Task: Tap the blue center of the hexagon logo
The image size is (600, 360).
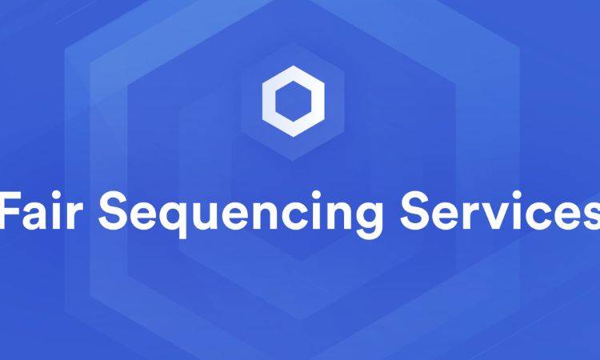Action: tap(294, 102)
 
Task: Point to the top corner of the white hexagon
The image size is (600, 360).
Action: tap(294, 66)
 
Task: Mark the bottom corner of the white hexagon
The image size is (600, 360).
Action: tap(294, 137)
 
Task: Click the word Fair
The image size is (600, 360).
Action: tap(42, 210)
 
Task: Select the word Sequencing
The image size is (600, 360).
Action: tap(241, 214)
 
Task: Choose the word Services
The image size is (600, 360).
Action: tap(500, 210)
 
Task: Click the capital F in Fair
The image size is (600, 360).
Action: tap(10, 210)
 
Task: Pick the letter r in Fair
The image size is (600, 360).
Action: tap(75, 215)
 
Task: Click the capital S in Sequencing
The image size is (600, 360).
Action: tap(113, 210)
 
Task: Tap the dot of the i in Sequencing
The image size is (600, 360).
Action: tap(316, 194)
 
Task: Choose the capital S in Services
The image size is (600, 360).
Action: tap(414, 210)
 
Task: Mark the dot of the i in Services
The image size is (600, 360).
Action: tap(518, 194)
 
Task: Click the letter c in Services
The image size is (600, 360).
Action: tap(539, 216)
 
